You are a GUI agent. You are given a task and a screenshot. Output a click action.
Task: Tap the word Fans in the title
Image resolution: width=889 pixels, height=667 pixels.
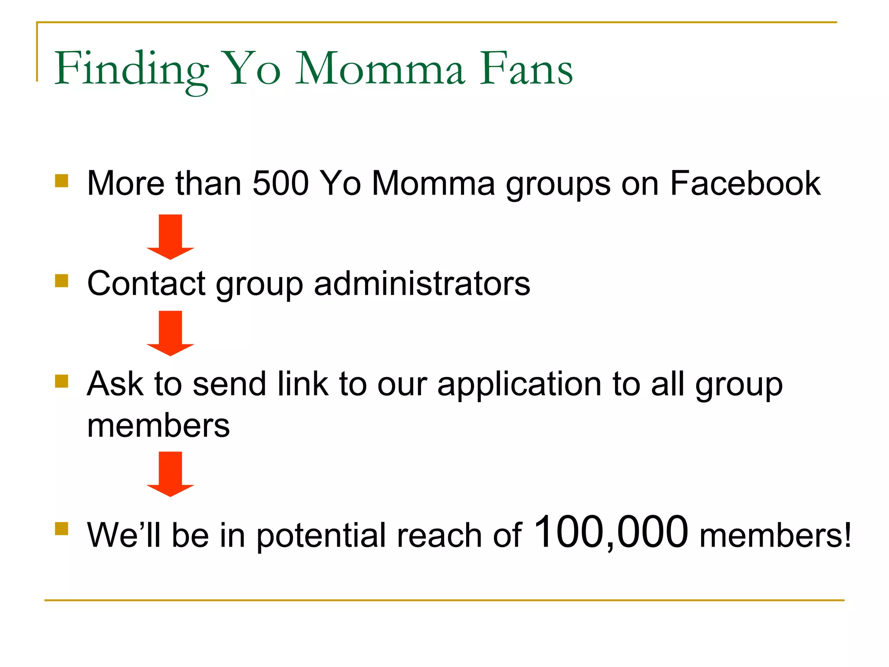pyautogui.click(x=526, y=69)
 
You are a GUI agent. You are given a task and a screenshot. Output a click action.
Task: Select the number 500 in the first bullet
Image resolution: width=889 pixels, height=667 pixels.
pyautogui.click(x=280, y=183)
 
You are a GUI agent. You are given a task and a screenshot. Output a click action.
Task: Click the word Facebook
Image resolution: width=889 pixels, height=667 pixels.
pyautogui.click(x=745, y=183)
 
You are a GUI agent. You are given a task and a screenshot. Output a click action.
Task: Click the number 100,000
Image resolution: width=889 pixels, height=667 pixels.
pyautogui.click(x=611, y=532)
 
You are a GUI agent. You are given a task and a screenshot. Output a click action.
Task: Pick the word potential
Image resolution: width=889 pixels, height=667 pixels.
pyautogui.click(x=321, y=535)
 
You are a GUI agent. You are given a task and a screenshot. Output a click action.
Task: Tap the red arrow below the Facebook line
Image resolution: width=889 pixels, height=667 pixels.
pyautogui.click(x=170, y=236)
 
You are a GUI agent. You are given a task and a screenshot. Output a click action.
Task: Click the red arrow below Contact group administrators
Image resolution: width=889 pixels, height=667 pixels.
pyautogui.click(x=170, y=333)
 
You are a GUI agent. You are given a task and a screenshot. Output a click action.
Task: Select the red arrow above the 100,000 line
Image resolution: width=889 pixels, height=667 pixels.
pyautogui.click(x=170, y=473)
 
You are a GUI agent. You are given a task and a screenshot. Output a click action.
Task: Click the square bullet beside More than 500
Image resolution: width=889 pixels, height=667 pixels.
pyautogui.click(x=62, y=181)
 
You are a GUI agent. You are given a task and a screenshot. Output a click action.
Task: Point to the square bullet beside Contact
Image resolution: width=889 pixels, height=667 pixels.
pyautogui.click(x=62, y=281)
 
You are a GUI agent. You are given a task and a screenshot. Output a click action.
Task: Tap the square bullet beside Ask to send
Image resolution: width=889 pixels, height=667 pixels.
pyautogui.click(x=62, y=381)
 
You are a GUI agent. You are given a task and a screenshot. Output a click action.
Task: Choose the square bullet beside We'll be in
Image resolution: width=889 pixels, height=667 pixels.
pyautogui.click(x=62, y=528)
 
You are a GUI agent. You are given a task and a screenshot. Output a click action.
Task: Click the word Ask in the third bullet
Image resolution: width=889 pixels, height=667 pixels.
pyautogui.click(x=115, y=384)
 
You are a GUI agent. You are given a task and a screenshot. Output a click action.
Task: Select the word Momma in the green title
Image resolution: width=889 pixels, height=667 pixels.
pyautogui.click(x=380, y=69)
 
